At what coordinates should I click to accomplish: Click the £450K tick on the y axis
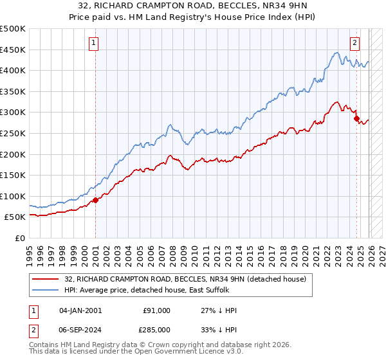click(x=13, y=50)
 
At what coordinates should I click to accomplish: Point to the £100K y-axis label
click(x=13, y=196)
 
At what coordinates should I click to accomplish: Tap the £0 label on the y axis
click(x=21, y=239)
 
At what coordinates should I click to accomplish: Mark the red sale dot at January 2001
click(x=95, y=200)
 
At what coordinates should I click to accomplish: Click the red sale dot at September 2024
click(x=356, y=118)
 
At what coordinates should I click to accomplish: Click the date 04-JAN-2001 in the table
click(x=80, y=310)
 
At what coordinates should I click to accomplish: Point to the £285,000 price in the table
click(x=157, y=328)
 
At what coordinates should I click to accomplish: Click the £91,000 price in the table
click(x=157, y=310)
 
